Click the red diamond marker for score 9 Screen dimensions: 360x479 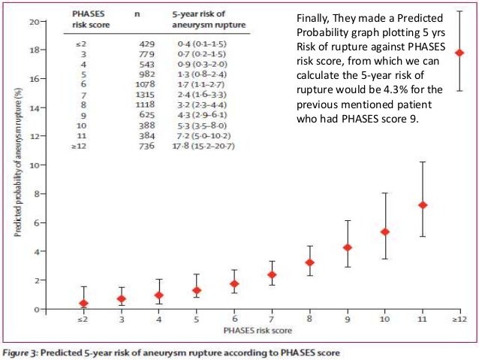point(347,247)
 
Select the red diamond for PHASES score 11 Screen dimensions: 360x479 point(423,205)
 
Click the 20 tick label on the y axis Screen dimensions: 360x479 point(33,21)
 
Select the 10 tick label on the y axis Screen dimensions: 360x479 point(33,165)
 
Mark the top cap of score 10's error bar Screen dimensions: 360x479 point(385,193)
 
